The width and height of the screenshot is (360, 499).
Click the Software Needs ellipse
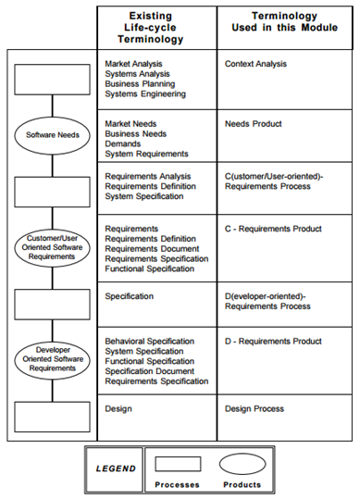point(52,135)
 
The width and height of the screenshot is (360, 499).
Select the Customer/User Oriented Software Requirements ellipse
point(52,247)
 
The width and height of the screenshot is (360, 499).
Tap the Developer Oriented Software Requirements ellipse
point(52,359)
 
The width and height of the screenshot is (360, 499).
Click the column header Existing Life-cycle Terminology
point(151,28)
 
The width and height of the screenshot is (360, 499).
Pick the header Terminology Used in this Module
point(285,21)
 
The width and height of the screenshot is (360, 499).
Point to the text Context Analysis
point(255,64)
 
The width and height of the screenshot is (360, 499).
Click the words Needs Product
point(254,124)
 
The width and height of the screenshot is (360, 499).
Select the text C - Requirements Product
point(273,229)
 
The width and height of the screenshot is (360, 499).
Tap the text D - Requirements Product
point(273,342)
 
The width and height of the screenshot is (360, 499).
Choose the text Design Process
point(254,409)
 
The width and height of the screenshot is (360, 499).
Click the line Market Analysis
point(133,64)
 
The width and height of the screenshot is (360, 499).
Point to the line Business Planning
point(140,84)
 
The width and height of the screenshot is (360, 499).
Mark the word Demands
point(123,143)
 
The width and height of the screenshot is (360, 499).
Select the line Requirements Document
point(152,249)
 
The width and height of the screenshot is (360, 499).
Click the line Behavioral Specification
point(150,342)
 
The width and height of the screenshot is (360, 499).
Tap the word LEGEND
point(116,468)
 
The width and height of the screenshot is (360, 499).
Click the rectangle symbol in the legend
point(178,464)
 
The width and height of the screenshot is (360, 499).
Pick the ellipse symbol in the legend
point(242,465)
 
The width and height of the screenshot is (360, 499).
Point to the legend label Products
point(242,485)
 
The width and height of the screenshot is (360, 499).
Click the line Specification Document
point(150,371)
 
